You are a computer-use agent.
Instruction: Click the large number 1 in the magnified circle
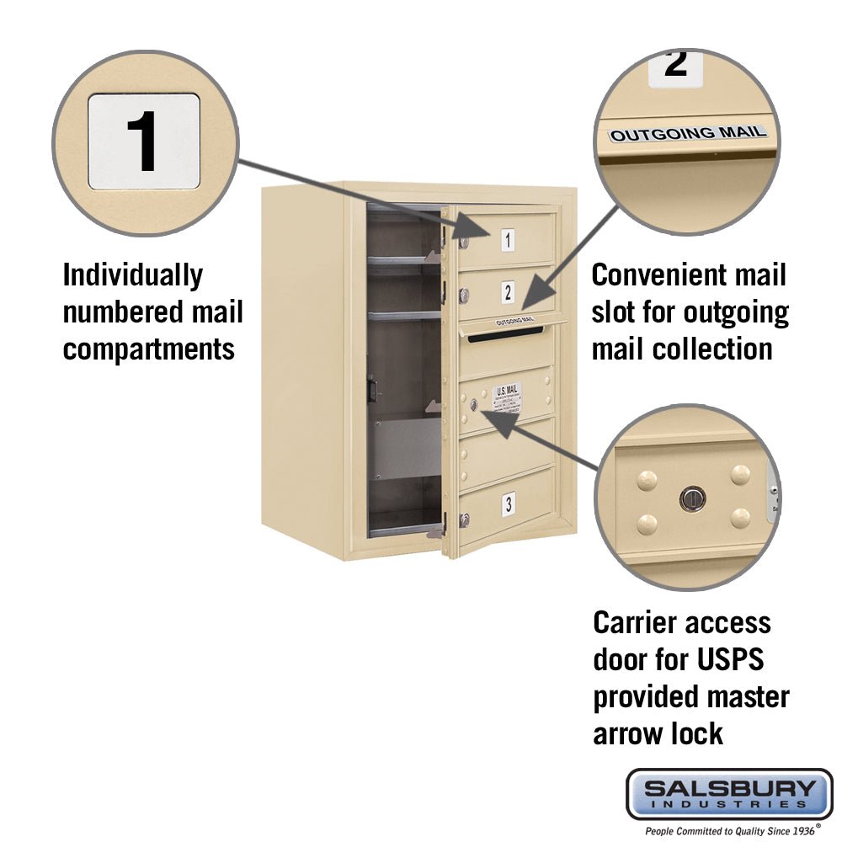point(143,141)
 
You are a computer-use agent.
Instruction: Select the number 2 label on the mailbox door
point(507,292)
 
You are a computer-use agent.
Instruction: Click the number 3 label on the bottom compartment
point(508,504)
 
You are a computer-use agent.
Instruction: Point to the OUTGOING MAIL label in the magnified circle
point(688,133)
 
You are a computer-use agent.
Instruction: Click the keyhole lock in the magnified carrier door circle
point(691,499)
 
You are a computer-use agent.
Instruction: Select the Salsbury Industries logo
point(728,793)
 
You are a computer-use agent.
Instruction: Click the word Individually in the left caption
point(133,275)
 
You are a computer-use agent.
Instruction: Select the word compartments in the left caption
point(149,349)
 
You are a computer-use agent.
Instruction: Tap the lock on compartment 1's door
point(463,242)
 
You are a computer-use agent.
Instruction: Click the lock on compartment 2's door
point(463,295)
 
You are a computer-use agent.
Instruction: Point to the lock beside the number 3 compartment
point(464,520)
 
